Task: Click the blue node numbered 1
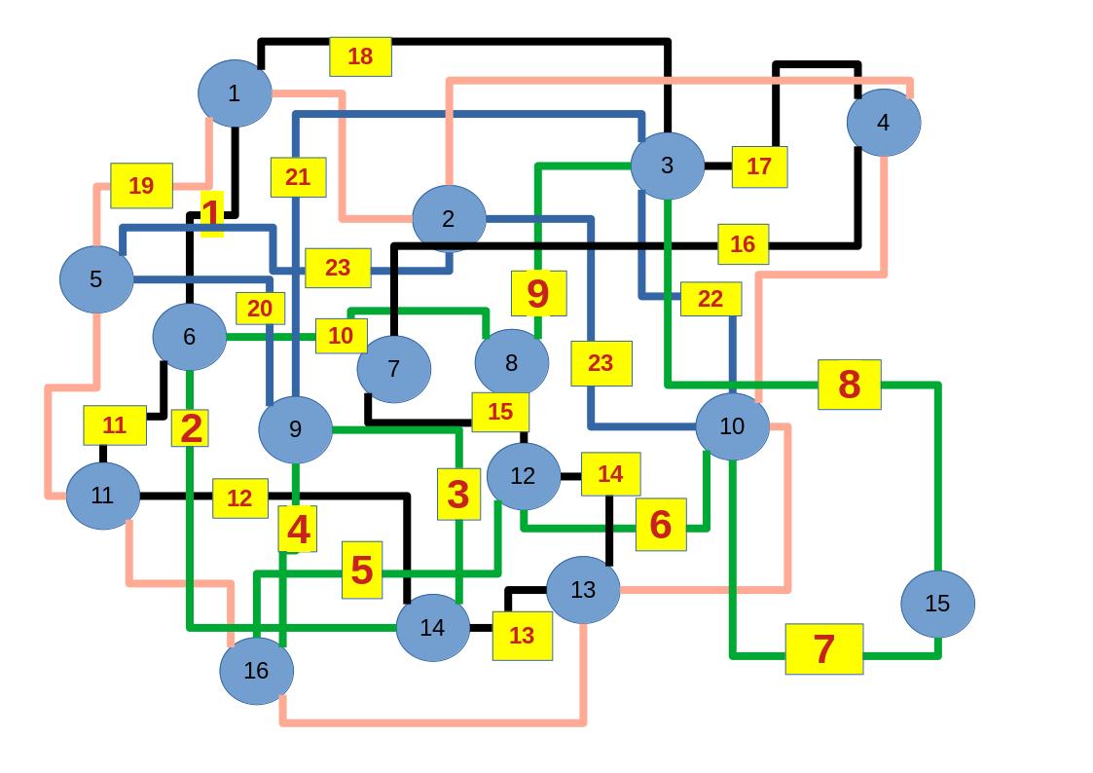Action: point(234,93)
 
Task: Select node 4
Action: point(883,123)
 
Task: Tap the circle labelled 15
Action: point(936,604)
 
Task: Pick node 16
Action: point(256,671)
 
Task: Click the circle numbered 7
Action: point(393,369)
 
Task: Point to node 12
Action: point(523,476)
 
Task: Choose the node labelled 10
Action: point(732,426)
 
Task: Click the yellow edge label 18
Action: point(360,56)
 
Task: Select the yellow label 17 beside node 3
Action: point(759,166)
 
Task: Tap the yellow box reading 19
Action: point(141,185)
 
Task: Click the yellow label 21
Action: point(298,177)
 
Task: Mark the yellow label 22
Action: point(710,299)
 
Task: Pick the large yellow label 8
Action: point(849,385)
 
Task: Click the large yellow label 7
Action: point(823,648)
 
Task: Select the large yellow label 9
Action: point(538,293)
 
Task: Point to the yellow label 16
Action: point(743,244)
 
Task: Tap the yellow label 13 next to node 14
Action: point(522,636)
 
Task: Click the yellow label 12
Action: point(239,498)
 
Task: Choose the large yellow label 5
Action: point(361,570)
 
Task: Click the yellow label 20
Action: point(260,309)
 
